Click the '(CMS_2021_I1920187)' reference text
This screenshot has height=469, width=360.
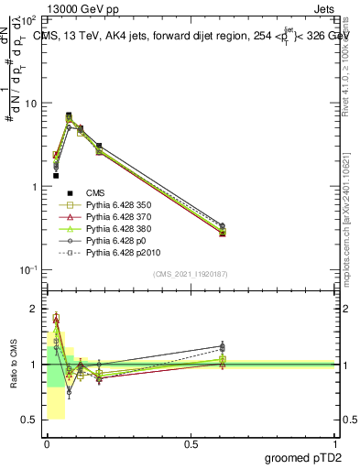pyautogui.click(x=191, y=274)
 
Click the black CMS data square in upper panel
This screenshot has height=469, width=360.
pyautogui.click(x=56, y=175)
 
